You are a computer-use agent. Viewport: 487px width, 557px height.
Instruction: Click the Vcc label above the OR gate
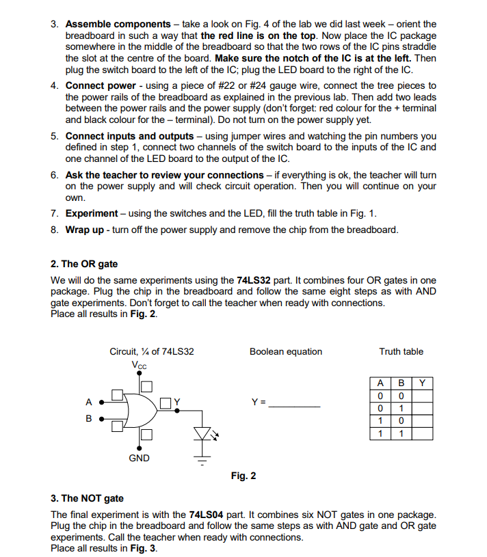point(139,365)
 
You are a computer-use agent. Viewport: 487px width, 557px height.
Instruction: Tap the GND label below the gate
point(139,458)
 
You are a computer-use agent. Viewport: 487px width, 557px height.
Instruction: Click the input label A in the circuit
point(88,401)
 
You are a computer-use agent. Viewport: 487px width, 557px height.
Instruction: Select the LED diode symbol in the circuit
point(201,433)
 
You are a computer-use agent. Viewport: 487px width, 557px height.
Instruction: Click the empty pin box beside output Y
point(167,401)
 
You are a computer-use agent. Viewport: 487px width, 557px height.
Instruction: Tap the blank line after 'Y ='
point(294,406)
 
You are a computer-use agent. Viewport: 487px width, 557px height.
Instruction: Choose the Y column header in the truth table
point(422,383)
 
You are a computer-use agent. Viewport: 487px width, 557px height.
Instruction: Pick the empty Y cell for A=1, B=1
point(422,433)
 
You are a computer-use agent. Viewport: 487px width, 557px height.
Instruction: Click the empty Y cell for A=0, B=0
point(422,396)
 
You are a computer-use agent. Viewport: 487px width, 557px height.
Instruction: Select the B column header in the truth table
point(402,383)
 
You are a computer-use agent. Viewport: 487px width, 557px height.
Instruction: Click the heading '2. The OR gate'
point(84,264)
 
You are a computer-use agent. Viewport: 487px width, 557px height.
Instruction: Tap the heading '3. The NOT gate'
point(87,498)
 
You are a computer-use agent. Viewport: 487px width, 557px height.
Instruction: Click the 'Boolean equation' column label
point(286,351)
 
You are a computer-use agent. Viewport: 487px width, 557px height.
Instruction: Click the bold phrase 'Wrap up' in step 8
point(84,230)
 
